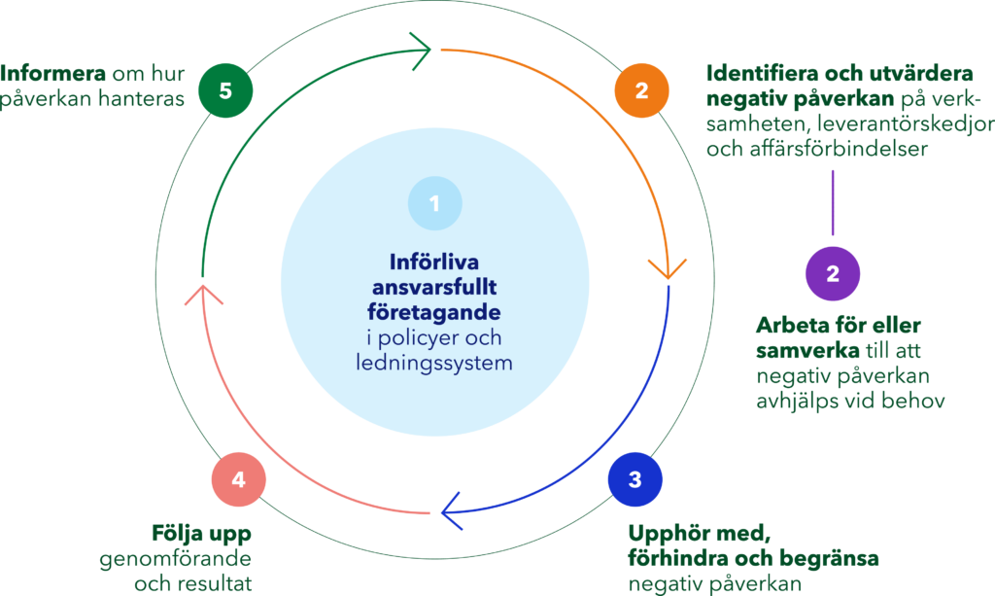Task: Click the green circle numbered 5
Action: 225,91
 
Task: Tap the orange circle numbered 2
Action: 641,91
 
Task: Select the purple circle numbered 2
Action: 833,273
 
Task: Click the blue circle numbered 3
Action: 635,479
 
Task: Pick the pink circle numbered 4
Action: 239,479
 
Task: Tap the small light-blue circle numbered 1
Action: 435,203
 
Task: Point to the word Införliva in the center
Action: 435,263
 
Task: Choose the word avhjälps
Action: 792,401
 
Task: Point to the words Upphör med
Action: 699,534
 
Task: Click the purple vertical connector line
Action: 833,201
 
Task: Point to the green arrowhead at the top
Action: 420,48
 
